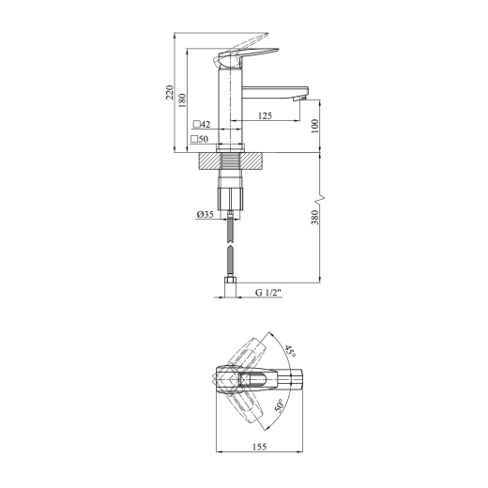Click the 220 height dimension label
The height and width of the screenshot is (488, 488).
[170, 92]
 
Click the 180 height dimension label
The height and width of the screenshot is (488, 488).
[182, 100]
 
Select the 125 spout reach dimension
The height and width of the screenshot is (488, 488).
[265, 115]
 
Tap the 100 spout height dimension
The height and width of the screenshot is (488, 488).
[314, 126]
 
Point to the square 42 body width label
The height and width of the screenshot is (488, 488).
[202, 125]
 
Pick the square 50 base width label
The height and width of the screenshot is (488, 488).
[199, 139]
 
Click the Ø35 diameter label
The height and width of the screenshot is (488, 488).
[205, 214]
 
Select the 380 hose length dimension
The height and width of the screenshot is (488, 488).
[314, 217]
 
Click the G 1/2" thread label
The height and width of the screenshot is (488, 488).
[268, 293]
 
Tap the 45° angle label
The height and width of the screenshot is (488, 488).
[290, 351]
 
